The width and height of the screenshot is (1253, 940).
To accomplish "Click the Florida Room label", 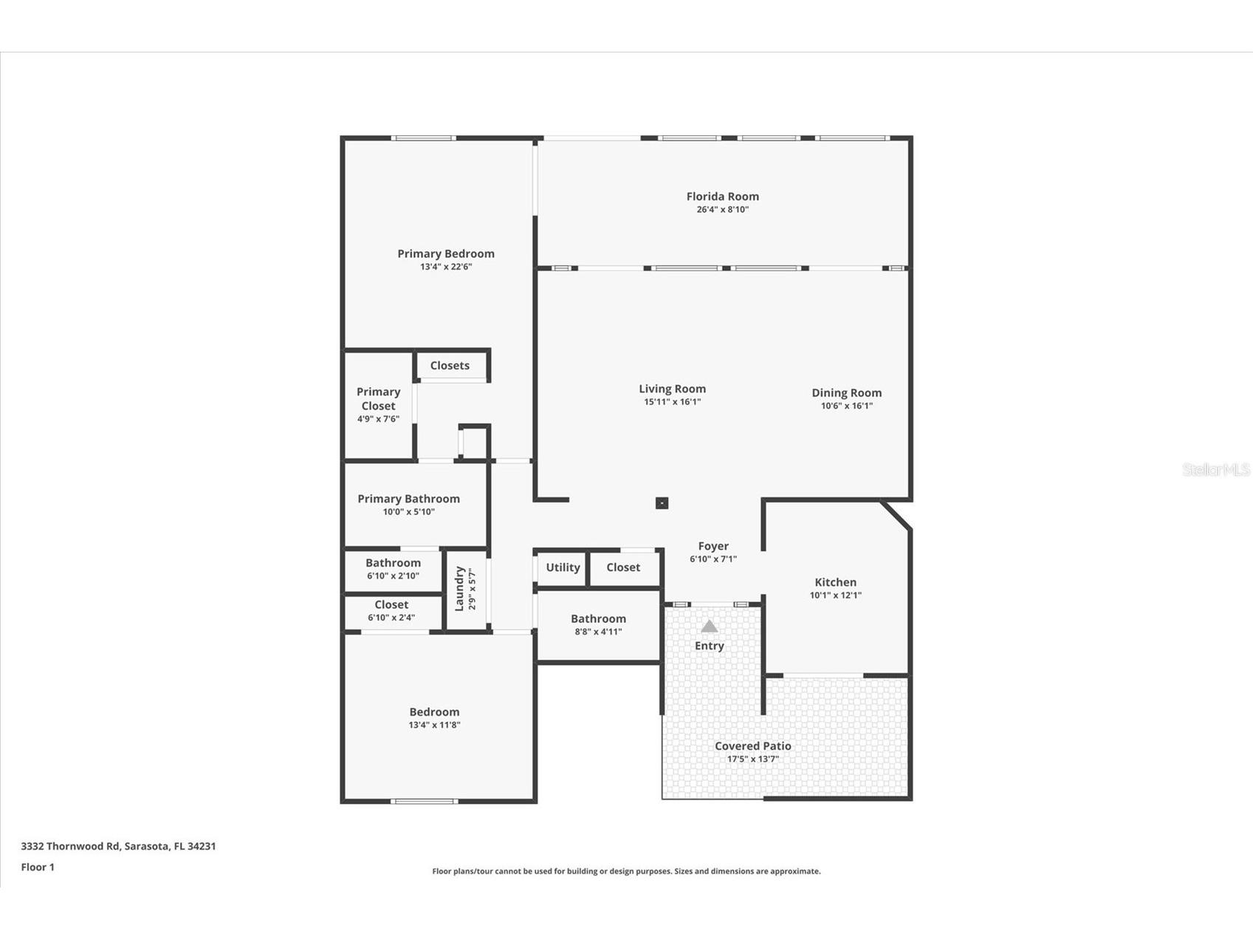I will [x=722, y=197].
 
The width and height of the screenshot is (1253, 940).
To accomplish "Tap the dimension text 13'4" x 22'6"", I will [x=446, y=267].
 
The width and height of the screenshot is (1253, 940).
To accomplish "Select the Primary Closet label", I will [x=378, y=399].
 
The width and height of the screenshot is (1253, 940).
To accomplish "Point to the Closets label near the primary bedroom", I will [x=450, y=366].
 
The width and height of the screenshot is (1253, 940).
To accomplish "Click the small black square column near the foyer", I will [x=662, y=503].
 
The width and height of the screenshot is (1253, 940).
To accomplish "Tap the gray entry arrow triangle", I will [x=709, y=627].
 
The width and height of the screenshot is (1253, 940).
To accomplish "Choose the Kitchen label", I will [x=835, y=582].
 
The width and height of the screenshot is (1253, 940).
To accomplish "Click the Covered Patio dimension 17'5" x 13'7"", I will [x=752, y=759].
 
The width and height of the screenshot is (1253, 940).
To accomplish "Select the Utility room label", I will [x=563, y=568].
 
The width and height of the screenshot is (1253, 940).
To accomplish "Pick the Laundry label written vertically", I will [x=459, y=588].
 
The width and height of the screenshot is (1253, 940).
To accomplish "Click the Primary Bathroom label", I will [x=408, y=499].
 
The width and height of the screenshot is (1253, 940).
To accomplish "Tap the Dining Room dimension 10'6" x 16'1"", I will [x=846, y=406].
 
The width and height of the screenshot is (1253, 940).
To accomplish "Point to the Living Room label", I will [x=672, y=389].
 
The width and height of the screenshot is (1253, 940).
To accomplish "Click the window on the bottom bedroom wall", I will [x=423, y=801].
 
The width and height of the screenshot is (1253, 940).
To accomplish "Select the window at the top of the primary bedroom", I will [x=423, y=138].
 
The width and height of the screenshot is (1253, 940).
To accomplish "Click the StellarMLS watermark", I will [x=1215, y=469].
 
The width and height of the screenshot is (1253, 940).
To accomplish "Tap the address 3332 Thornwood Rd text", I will [x=118, y=846].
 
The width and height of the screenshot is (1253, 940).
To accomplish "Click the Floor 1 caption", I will [x=38, y=867].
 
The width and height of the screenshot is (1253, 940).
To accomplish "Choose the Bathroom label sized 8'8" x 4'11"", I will [x=598, y=619].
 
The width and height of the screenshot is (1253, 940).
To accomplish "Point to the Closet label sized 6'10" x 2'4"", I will [x=391, y=605].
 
